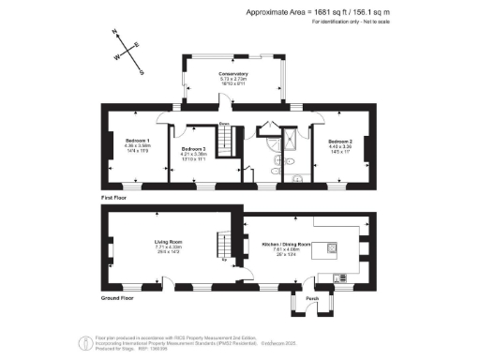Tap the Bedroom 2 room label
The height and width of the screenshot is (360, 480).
point(340,140)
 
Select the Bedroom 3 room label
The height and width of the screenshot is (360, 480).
point(193,149)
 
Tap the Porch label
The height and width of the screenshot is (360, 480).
point(312,300)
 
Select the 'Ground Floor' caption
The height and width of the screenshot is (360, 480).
point(119,297)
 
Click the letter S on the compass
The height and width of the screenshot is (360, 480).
point(141,71)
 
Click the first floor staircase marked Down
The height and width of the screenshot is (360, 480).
point(225,142)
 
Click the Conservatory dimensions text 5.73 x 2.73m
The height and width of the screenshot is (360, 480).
point(232,80)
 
